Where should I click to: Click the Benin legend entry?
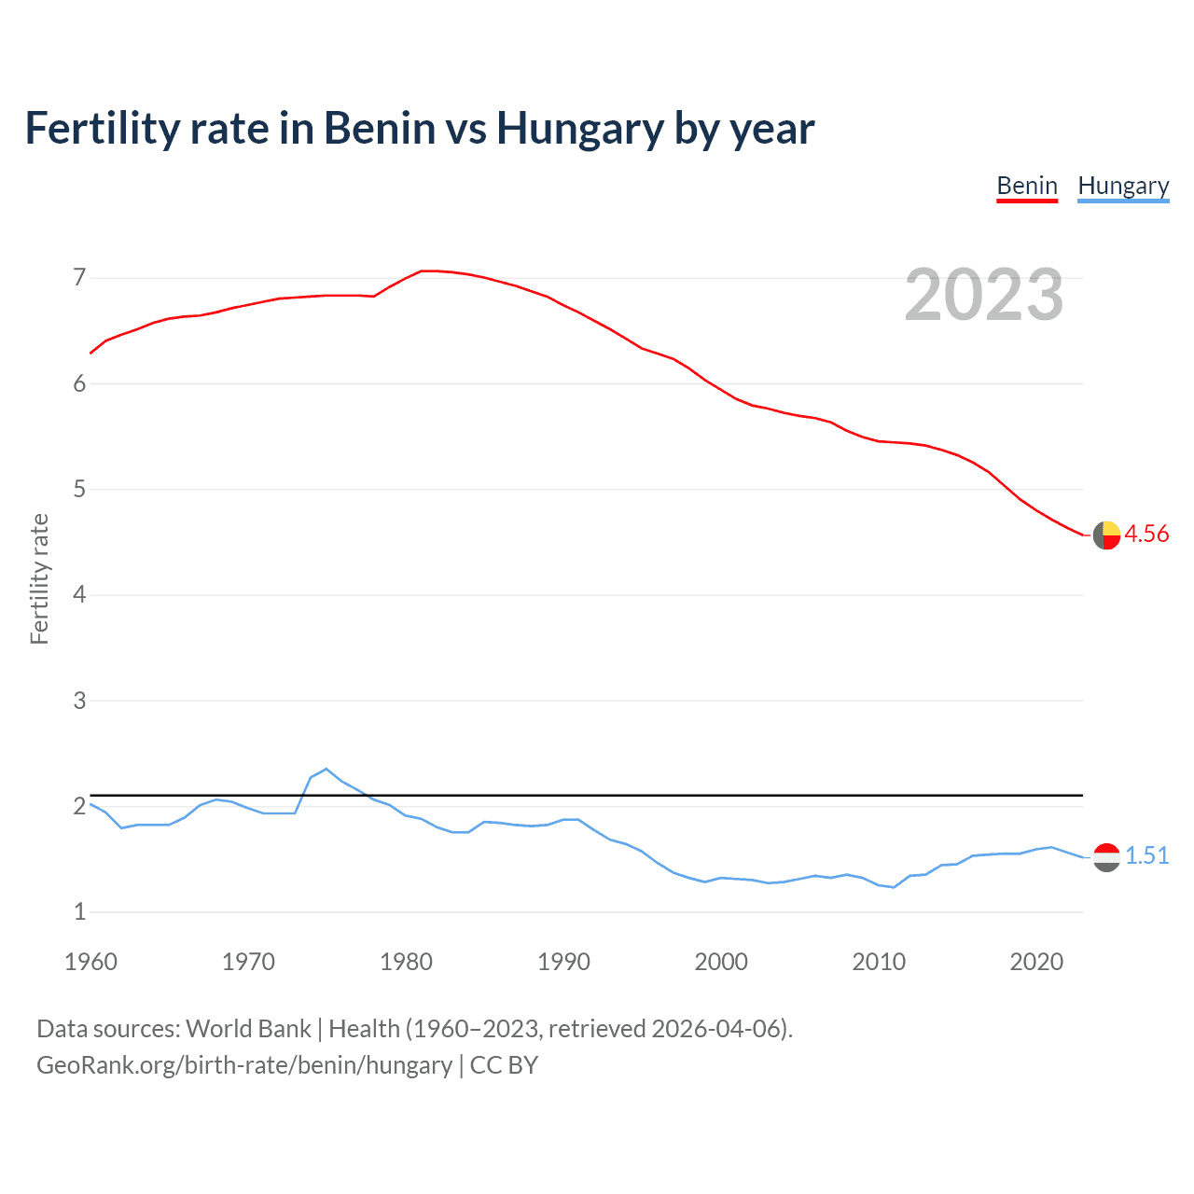[x=1027, y=186]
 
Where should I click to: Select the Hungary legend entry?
[x=1123, y=186]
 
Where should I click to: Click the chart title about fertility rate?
[x=420, y=128]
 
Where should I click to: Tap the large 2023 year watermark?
[x=984, y=295]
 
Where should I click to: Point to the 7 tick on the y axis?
[x=79, y=278]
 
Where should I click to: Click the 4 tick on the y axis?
[x=79, y=595]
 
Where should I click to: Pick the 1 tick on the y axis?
[x=79, y=912]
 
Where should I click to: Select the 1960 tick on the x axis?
[x=90, y=962]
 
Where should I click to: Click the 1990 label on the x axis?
[x=563, y=962]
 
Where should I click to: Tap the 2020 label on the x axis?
[x=1036, y=962]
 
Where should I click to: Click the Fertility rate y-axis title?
[x=39, y=578]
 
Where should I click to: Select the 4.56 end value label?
[x=1146, y=534]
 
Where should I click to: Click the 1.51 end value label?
[x=1146, y=855]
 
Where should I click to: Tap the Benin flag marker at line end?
[x=1106, y=535]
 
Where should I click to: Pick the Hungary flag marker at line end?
[x=1106, y=857]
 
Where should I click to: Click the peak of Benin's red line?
[x=425, y=271]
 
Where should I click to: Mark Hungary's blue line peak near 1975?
[x=326, y=769]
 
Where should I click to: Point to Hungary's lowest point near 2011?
[x=894, y=887]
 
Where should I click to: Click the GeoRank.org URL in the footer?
[x=244, y=1065]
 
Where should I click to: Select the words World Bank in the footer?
[x=248, y=1029]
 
